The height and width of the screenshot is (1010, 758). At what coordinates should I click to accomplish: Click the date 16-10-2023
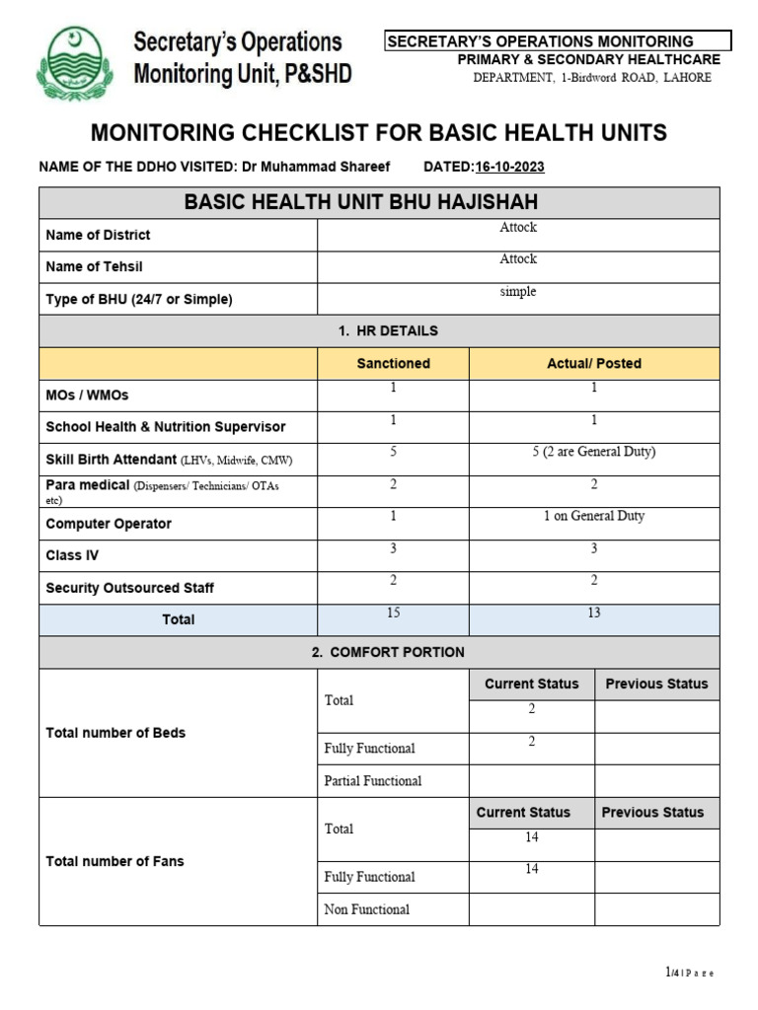tap(509, 167)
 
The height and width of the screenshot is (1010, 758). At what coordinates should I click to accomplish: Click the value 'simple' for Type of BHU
tap(517, 292)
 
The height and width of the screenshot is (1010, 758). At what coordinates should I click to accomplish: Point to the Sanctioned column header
tap(393, 363)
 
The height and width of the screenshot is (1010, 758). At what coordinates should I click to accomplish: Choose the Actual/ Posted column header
tap(594, 363)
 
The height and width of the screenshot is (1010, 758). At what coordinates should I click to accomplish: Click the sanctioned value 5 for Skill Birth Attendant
tap(393, 452)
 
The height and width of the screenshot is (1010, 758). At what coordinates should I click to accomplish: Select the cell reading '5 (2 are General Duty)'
tap(593, 452)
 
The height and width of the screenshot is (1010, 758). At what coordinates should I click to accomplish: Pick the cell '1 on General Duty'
tap(593, 516)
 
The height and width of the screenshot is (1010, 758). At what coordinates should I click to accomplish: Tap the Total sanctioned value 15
tap(393, 613)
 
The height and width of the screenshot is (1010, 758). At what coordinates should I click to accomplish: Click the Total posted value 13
tap(593, 613)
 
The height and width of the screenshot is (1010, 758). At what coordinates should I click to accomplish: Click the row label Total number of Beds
tap(115, 733)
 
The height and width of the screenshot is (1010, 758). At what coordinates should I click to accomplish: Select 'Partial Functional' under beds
tap(372, 780)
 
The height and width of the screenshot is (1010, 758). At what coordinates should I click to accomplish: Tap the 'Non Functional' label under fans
tap(366, 909)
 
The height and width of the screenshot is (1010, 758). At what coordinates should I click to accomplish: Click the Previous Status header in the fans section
tap(652, 813)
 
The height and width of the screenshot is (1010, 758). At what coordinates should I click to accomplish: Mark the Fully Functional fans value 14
tap(531, 869)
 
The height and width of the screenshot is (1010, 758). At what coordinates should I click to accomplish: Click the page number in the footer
tap(689, 973)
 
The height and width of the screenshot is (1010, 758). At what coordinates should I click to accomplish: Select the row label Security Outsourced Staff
tap(129, 588)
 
